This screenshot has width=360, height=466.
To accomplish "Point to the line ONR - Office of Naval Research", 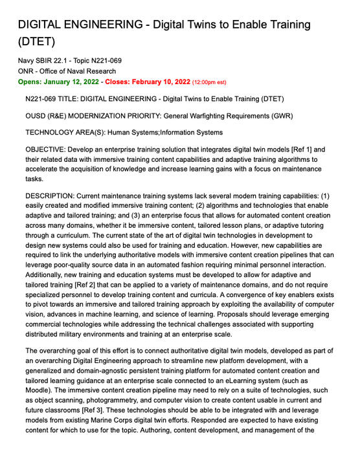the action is point(67,71).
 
